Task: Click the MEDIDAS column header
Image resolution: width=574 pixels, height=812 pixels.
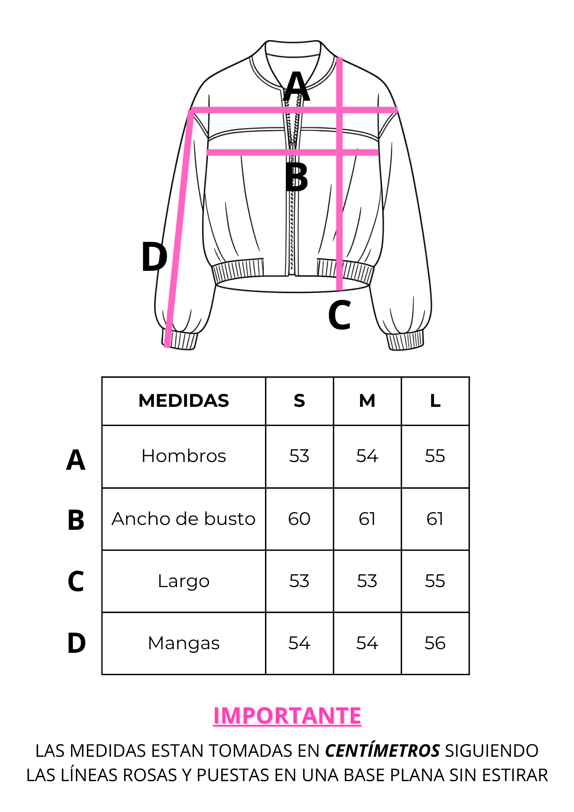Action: coord(183,401)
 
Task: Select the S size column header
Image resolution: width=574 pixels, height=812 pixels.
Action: coord(299,401)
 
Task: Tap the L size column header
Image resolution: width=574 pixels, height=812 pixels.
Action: coord(435,401)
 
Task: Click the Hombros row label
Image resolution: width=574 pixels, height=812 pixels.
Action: coord(183,456)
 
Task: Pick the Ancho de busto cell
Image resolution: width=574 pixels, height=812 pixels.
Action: coord(183,518)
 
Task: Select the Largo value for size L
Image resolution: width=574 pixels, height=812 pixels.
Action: coord(435,581)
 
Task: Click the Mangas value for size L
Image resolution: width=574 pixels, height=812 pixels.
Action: coord(435,643)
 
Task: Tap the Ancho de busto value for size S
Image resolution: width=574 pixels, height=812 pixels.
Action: coord(299,518)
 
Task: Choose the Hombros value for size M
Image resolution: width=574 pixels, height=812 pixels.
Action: coord(367,456)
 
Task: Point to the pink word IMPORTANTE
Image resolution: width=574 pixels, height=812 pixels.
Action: coord(287,715)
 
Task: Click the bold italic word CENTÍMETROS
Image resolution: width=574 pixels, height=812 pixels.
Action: coord(382,751)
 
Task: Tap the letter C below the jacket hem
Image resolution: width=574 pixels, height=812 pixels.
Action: coord(339,315)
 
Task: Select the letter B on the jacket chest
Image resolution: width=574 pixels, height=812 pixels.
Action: coord(296,177)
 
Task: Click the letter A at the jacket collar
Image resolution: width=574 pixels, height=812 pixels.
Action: coord(297,86)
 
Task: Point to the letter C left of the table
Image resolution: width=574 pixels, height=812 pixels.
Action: coord(76,581)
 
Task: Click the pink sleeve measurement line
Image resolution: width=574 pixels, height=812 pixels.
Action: coord(179,228)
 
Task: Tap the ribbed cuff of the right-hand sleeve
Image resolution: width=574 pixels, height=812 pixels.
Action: coord(405,340)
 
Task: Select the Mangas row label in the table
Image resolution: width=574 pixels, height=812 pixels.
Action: coord(183,644)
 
